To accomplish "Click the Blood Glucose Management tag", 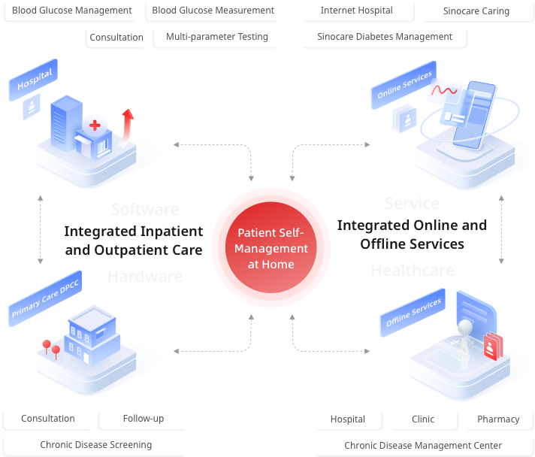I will coord(71,11).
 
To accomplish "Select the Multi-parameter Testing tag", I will coord(216,37).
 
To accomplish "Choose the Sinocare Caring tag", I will coord(476,11).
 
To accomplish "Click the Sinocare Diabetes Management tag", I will coord(384,36).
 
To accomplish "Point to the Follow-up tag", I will coord(143,419).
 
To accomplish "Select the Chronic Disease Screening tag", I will coord(95,445).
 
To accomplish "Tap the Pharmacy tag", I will coord(498,419).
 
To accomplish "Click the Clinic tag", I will coord(423,419).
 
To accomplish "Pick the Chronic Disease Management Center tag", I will coord(423,446).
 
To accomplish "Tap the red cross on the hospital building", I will coord(95,125).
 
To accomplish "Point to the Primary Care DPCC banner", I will coord(45,300).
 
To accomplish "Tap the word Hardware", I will coord(145,277).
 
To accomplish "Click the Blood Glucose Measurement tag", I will coord(213,11).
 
